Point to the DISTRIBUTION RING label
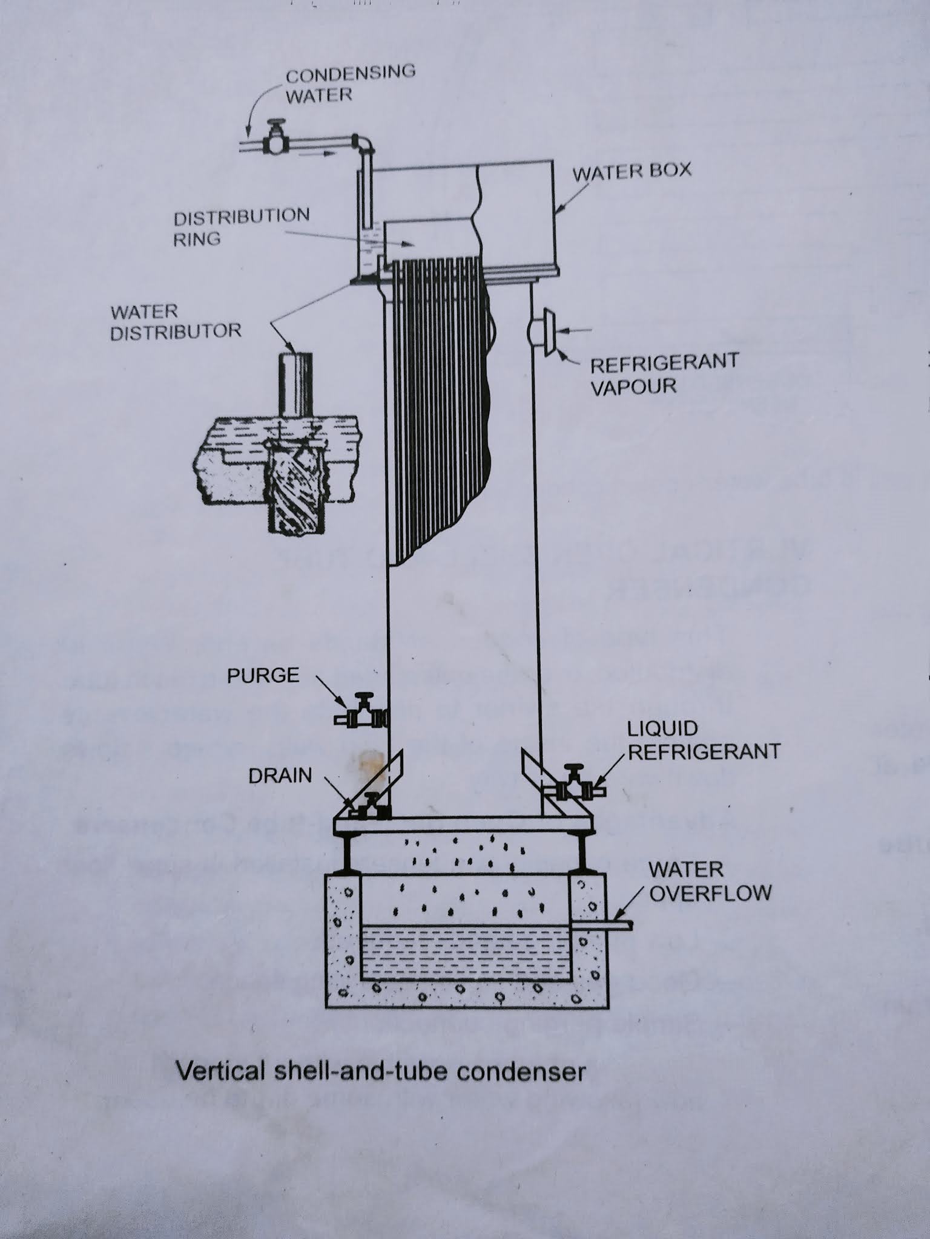coord(241,227)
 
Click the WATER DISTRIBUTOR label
coord(176,322)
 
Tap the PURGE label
coord(263,675)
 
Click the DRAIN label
coord(280,776)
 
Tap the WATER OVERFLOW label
coord(710,881)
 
